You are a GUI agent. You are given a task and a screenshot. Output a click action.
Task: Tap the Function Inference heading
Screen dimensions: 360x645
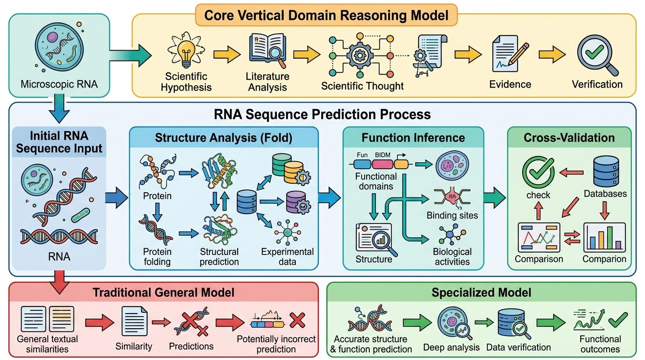(x=413, y=137)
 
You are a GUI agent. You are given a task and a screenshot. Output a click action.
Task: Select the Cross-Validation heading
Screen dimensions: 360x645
(x=569, y=137)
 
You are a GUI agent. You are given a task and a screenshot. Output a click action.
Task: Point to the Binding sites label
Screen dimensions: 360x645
(x=452, y=216)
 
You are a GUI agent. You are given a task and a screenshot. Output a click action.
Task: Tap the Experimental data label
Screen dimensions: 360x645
(x=287, y=256)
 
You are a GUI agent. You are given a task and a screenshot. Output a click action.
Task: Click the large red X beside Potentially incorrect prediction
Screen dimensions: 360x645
(x=297, y=321)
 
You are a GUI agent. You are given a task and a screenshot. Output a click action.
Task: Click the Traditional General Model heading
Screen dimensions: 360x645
(x=163, y=293)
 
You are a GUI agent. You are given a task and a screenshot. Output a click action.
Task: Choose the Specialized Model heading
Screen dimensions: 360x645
(x=481, y=293)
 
